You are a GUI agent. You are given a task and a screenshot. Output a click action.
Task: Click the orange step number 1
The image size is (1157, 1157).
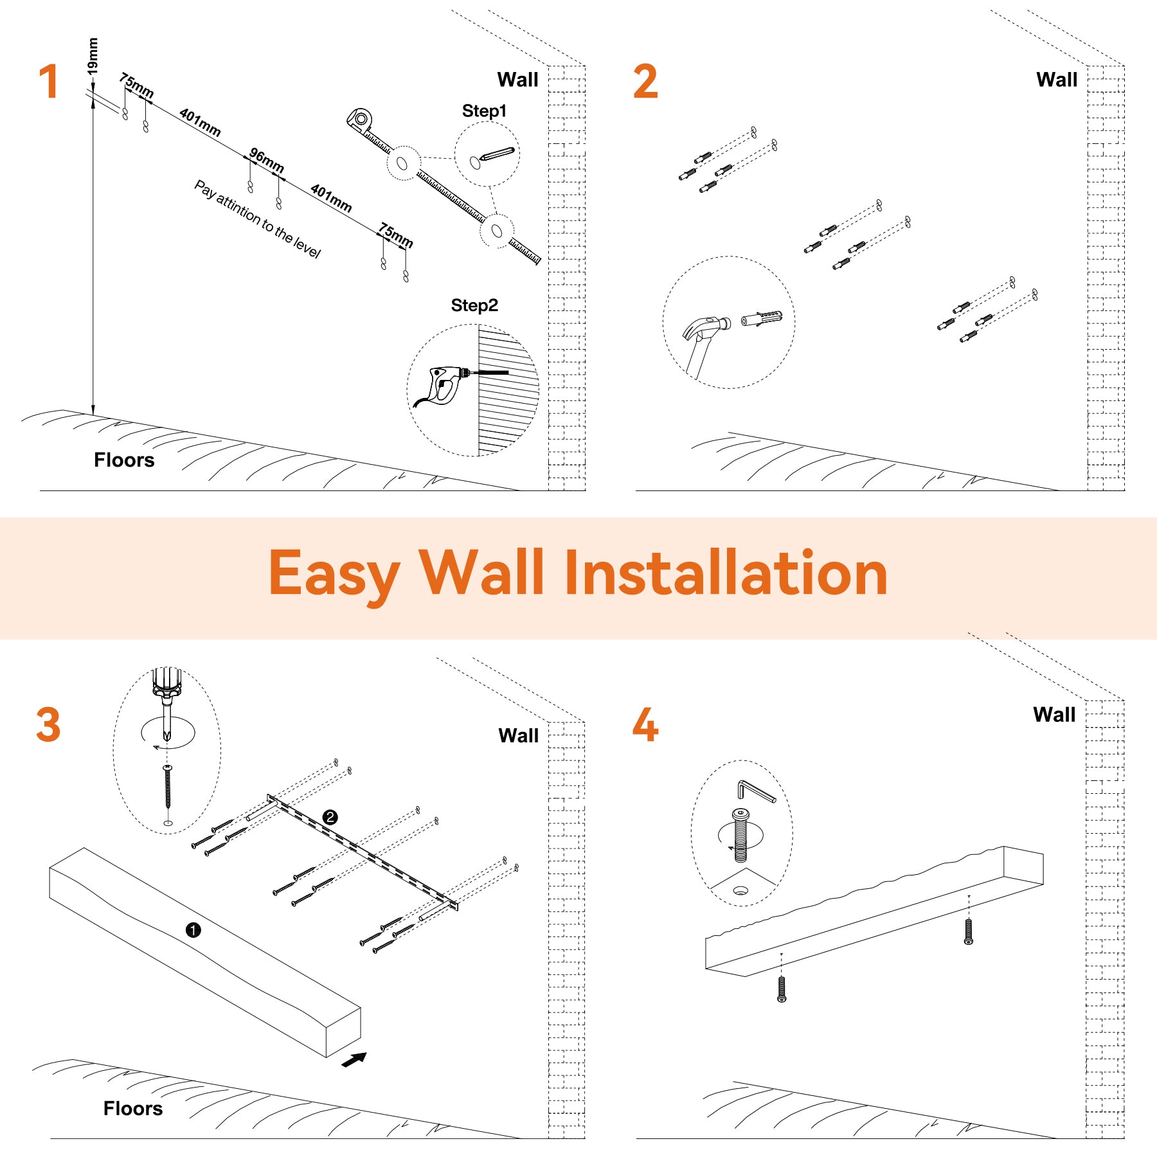[49, 81]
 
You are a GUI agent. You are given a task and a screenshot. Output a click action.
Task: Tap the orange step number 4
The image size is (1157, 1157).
[645, 724]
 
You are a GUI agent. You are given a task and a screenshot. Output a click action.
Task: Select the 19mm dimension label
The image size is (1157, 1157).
[93, 56]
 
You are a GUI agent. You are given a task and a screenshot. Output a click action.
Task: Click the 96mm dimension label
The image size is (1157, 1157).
[267, 160]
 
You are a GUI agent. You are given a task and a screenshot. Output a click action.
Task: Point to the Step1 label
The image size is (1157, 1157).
[484, 111]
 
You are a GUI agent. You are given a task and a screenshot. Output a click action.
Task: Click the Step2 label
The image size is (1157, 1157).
[474, 305]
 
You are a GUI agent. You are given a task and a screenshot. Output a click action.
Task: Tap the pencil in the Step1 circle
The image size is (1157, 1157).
[497, 155]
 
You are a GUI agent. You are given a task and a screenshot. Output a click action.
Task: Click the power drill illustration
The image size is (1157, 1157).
[450, 386]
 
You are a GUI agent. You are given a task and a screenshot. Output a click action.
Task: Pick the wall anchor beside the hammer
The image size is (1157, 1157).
[762, 318]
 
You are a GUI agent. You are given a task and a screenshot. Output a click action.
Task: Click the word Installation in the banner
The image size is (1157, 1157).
[726, 573]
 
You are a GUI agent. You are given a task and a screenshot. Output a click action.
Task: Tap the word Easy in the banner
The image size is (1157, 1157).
[334, 576]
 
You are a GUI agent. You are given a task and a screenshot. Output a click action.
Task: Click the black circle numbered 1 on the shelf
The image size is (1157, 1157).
[193, 929]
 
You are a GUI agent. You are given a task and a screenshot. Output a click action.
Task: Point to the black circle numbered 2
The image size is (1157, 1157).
[330, 817]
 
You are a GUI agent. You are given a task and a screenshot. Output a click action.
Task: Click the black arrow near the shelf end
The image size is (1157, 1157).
[354, 1059]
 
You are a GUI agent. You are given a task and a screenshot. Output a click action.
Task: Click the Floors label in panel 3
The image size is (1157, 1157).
[133, 1108]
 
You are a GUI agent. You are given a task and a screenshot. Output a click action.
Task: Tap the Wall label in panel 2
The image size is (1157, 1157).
[1057, 80]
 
